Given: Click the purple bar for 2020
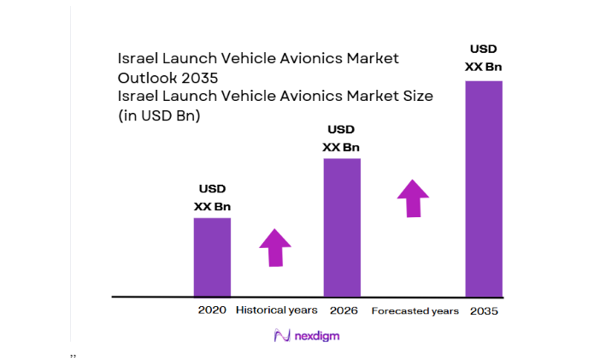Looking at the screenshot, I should (212, 257).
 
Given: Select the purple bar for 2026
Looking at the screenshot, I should (341, 227).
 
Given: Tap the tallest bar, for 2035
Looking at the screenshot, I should (483, 188).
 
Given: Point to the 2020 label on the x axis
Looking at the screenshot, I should (212, 310).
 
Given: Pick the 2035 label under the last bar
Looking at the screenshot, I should (484, 311).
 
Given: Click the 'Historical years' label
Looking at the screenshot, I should (277, 310).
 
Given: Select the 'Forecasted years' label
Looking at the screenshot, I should (415, 311).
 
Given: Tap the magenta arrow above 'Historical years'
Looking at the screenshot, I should (275, 248).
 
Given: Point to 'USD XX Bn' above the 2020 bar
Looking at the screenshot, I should (212, 198).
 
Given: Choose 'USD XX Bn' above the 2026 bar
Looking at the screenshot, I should (341, 139).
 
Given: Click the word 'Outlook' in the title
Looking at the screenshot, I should (144, 77).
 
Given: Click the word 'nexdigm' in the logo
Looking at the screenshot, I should (315, 337).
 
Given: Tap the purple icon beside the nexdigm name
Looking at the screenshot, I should (279, 336).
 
